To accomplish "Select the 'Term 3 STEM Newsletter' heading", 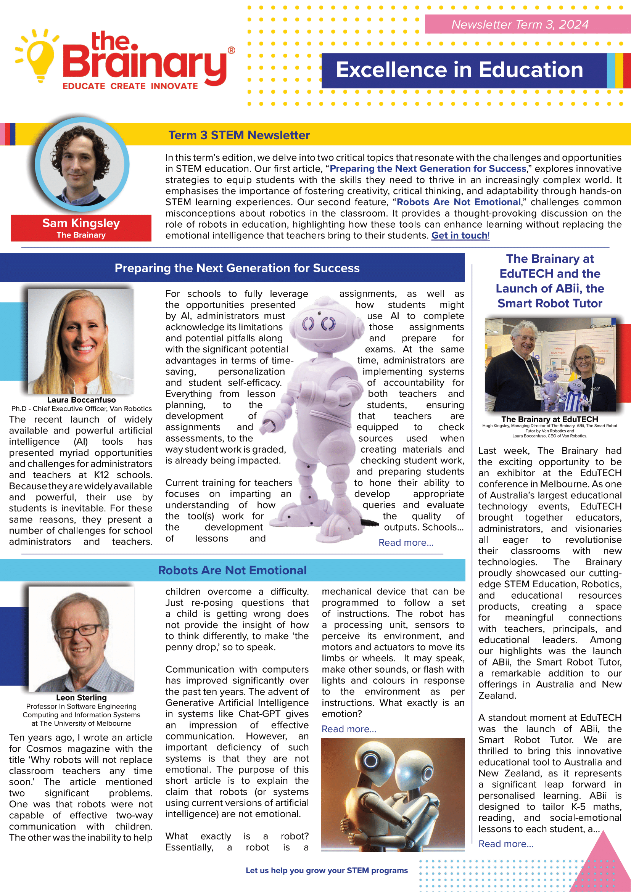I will click(x=239, y=135).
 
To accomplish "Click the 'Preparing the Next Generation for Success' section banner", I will click(x=237, y=268).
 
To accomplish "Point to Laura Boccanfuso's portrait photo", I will click(x=81, y=341).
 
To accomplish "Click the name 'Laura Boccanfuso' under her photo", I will click(x=81, y=400).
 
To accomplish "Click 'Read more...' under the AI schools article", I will click(x=406, y=543).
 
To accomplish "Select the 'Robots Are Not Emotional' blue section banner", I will click(x=232, y=570).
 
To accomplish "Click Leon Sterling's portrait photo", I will click(x=81, y=639).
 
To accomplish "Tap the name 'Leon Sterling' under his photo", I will click(x=81, y=698).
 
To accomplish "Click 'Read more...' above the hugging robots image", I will click(x=349, y=729).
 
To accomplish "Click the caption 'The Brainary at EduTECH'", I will click(x=549, y=419).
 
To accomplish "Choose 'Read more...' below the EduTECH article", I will click(x=505, y=844).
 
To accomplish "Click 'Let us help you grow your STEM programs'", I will click(x=327, y=871).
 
